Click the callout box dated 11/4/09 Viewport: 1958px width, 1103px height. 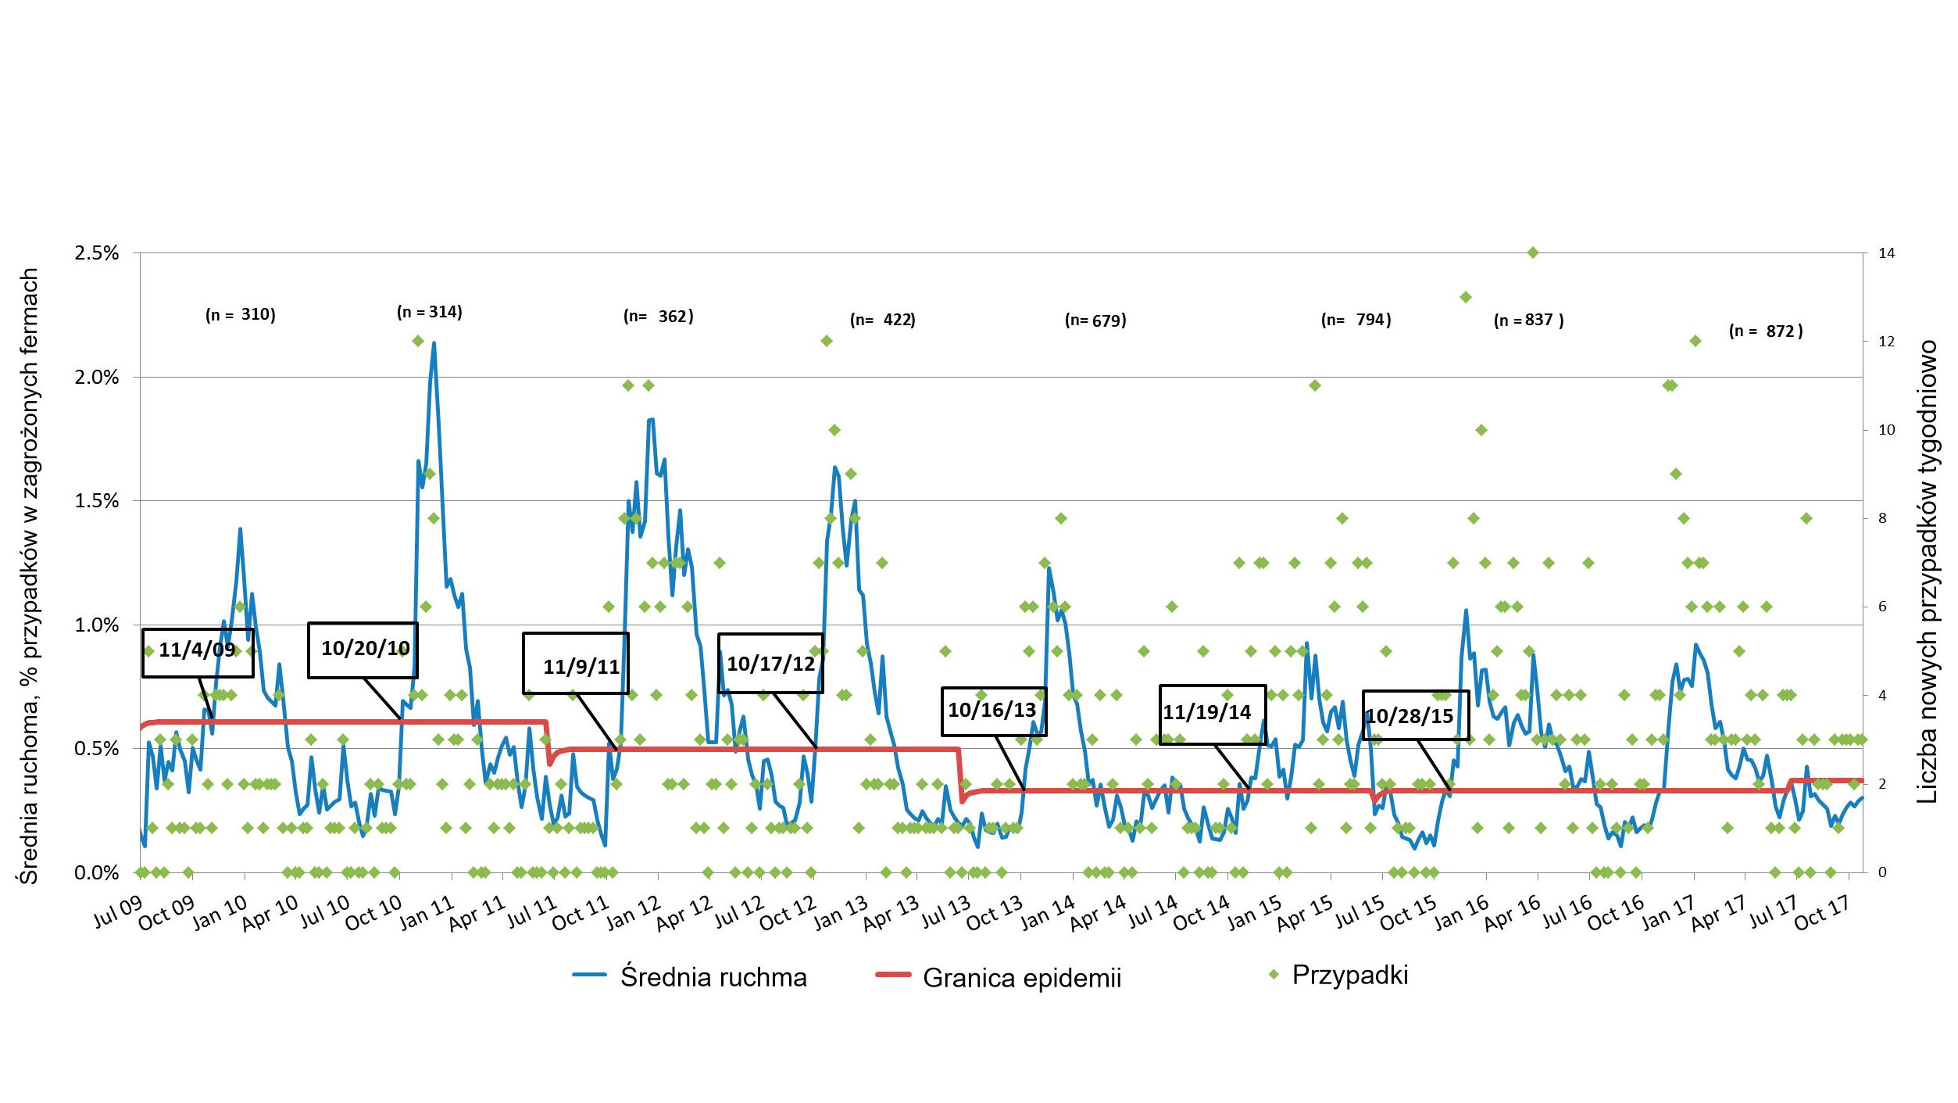click(x=198, y=652)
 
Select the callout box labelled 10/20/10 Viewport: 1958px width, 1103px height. click(x=363, y=650)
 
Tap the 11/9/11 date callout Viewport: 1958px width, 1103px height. click(x=576, y=664)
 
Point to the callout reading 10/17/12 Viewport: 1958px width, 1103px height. click(x=770, y=663)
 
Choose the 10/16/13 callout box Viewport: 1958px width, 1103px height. click(x=993, y=711)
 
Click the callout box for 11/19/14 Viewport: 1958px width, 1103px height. click(x=1212, y=714)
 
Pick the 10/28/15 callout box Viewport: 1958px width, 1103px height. click(x=1416, y=715)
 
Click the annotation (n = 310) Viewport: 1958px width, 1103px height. click(x=241, y=314)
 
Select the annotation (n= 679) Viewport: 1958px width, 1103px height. click(x=1095, y=320)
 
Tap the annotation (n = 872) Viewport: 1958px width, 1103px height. click(x=1766, y=331)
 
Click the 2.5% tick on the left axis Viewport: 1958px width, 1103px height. click(x=97, y=253)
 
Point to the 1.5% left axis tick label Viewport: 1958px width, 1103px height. click(x=97, y=501)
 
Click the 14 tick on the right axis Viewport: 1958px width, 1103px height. click(x=1886, y=253)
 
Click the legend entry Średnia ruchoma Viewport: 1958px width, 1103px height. click(x=691, y=976)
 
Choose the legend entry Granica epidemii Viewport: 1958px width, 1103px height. click(x=999, y=977)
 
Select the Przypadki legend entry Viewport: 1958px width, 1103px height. click(x=1339, y=975)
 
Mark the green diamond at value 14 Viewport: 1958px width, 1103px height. click(x=1533, y=252)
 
